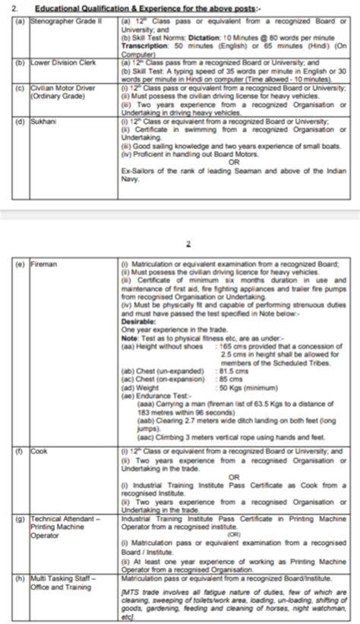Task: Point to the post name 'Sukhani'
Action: (x=41, y=120)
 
